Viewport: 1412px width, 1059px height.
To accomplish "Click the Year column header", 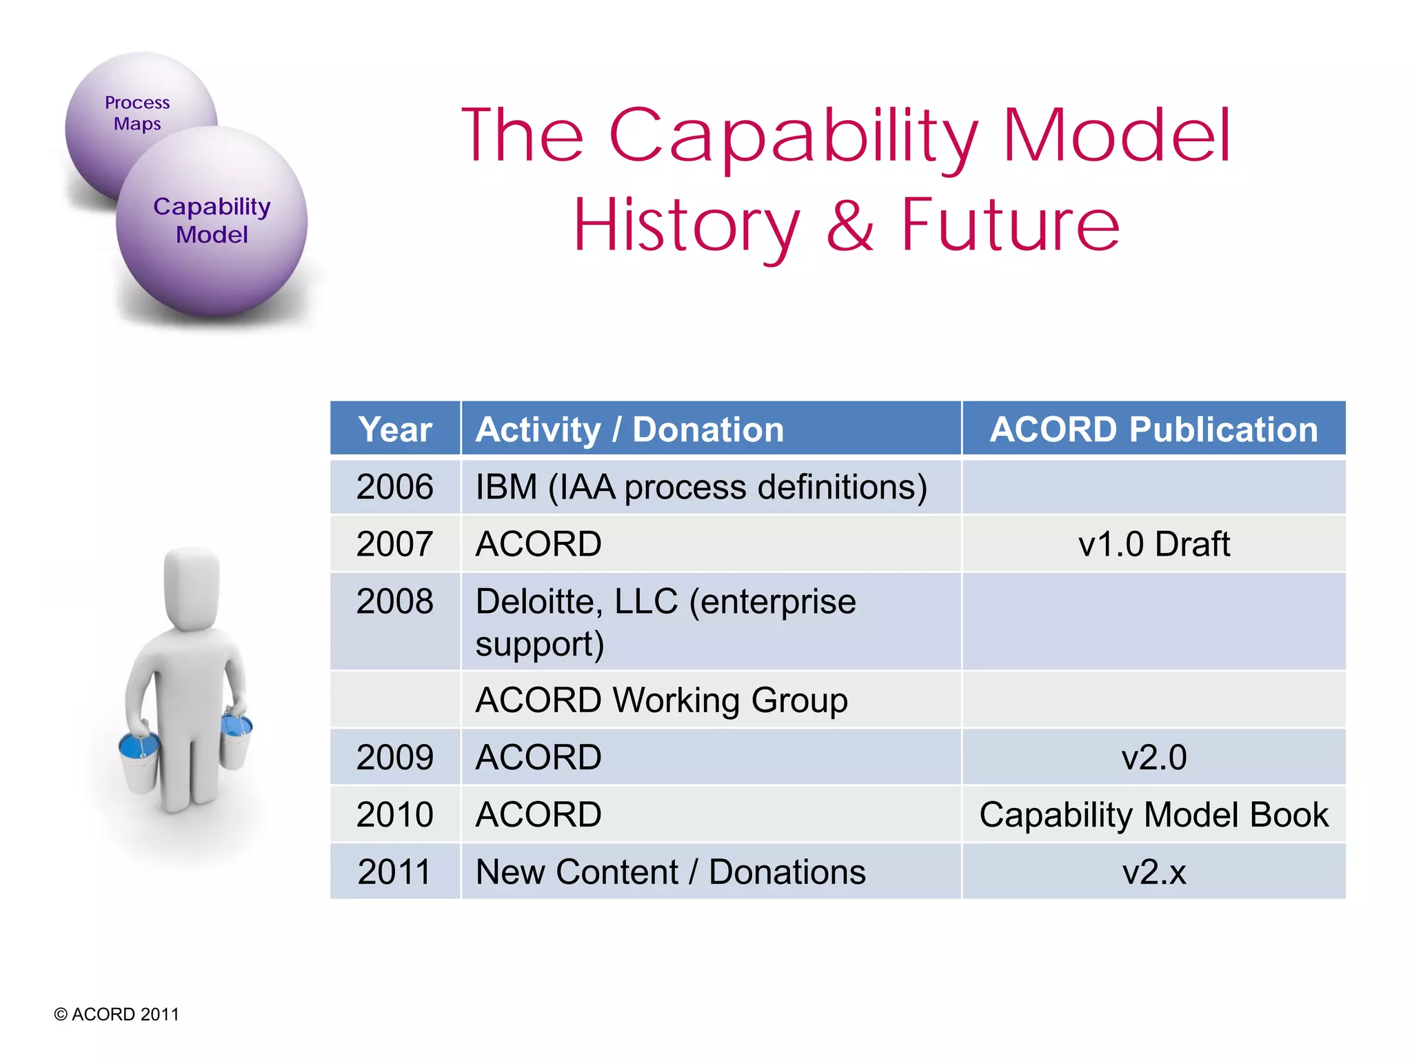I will [395, 430].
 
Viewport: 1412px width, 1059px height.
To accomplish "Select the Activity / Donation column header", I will [629, 430].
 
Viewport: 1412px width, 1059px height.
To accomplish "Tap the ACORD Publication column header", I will [1153, 430].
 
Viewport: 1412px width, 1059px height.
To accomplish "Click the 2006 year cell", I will [394, 487].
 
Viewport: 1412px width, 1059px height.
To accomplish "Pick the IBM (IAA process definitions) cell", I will [701, 487].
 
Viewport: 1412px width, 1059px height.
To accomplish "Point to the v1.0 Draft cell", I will [1153, 544].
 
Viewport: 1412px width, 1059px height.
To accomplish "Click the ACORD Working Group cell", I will [661, 700].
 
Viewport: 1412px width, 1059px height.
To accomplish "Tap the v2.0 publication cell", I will [1153, 757].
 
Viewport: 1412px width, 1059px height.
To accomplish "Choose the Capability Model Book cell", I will [1153, 814].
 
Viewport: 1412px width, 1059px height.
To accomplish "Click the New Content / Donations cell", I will [670, 871].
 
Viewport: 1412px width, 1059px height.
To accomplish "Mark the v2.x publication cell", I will [1153, 871].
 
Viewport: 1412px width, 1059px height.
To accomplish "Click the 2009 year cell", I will [394, 757].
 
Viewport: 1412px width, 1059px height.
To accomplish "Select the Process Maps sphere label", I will [137, 113].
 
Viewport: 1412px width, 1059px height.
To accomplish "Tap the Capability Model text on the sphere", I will [212, 220].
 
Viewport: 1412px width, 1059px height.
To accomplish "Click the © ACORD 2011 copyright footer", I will [117, 1014].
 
